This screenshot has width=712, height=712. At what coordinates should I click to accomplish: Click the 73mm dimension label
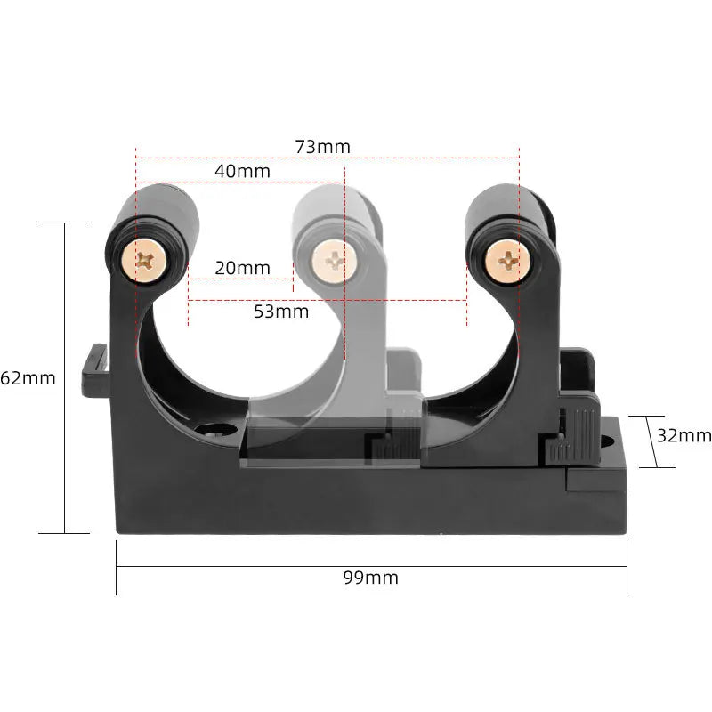(x=323, y=146)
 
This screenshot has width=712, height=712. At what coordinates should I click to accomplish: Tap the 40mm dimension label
(x=242, y=170)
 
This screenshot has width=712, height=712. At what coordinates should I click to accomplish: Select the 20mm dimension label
(x=241, y=268)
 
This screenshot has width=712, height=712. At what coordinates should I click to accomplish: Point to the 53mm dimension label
(x=281, y=311)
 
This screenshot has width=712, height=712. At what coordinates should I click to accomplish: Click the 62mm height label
(x=28, y=378)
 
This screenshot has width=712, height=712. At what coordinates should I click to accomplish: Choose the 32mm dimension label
(x=684, y=435)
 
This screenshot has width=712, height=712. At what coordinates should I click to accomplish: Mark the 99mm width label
(x=370, y=578)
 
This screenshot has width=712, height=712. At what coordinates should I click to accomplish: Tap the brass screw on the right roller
(x=506, y=260)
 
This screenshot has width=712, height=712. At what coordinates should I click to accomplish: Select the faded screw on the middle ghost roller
(x=334, y=261)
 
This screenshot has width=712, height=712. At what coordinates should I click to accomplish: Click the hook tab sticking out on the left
(x=93, y=372)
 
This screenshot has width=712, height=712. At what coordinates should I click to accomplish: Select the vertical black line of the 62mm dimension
(x=65, y=378)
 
